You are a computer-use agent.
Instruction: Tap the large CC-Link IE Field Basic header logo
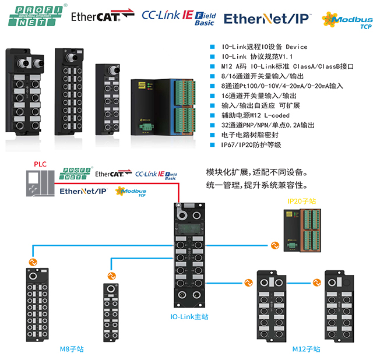tap(178, 17)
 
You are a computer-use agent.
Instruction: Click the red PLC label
tap(40, 165)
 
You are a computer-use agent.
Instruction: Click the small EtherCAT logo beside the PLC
tap(111, 174)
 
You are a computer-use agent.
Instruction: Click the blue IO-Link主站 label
tap(189, 317)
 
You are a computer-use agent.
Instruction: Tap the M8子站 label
tap(72, 349)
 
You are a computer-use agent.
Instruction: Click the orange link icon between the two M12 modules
tap(315, 283)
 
